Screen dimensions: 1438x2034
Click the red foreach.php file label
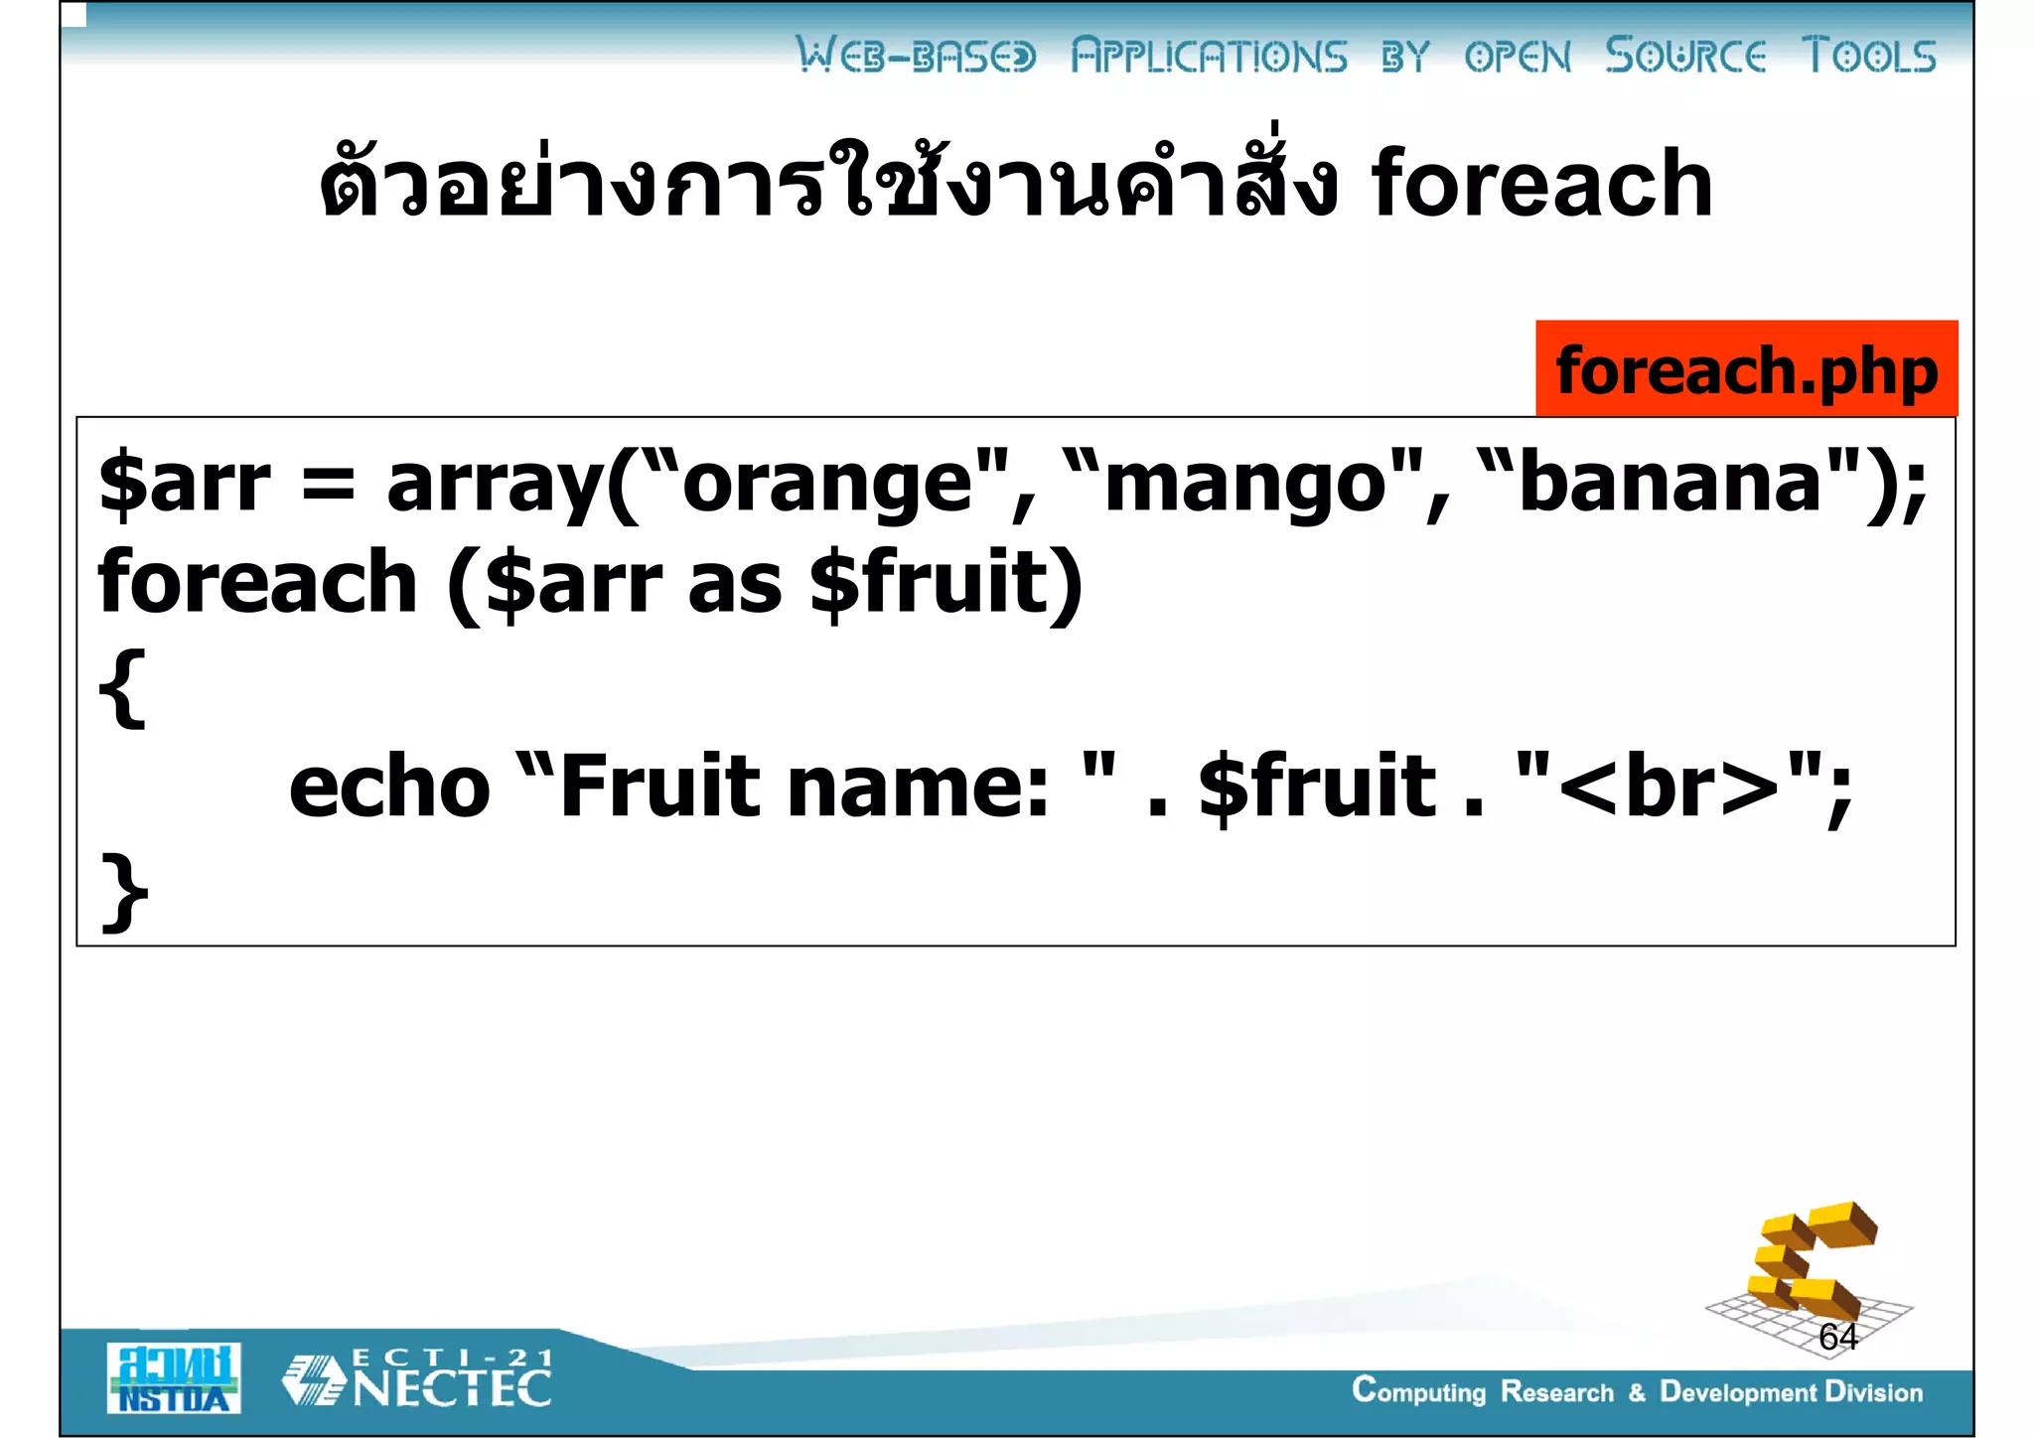point(1745,369)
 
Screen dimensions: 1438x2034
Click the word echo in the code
point(389,787)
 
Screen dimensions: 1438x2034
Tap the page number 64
point(1837,1337)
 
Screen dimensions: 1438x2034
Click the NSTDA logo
point(174,1378)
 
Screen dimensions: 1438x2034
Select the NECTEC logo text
point(452,1386)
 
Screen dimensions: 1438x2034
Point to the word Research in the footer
point(1556,1392)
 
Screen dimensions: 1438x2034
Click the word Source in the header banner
point(1685,56)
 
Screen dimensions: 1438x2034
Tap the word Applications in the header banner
point(1209,56)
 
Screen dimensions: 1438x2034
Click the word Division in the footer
point(1873,1392)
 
